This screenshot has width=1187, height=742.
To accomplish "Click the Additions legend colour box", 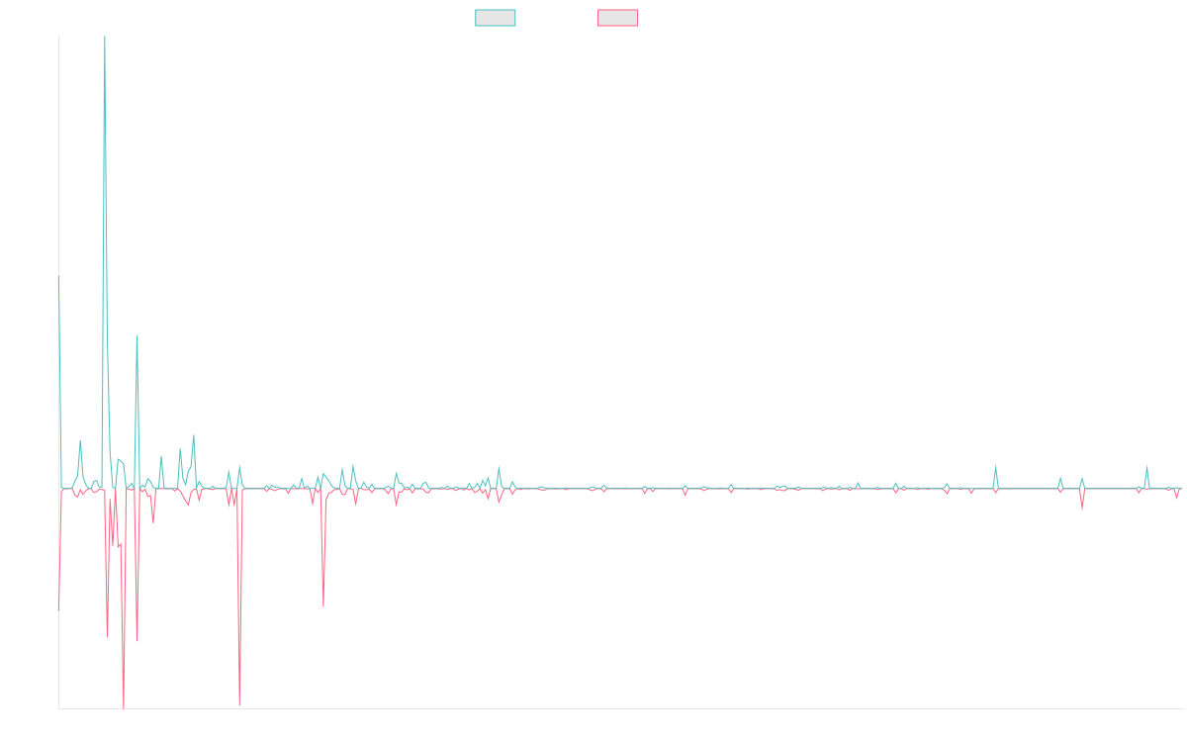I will coord(496,18).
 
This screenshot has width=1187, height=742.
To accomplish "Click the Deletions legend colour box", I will coord(618,18).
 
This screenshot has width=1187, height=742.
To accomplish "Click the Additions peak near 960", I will coord(137,337).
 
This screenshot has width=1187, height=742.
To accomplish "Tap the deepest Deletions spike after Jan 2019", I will coord(239,704).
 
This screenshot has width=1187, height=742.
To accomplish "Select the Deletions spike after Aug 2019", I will coord(323,605).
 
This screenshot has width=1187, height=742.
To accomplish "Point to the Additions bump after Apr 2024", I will coord(995,466).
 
